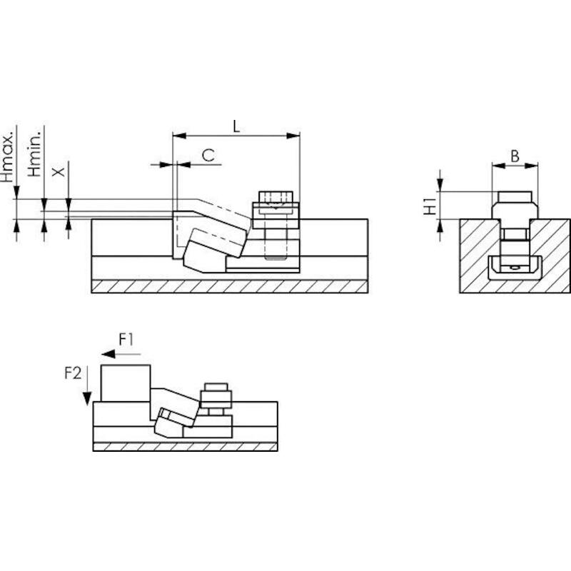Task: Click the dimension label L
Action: click(x=236, y=126)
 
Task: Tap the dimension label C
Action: click(x=208, y=156)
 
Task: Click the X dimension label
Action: click(x=59, y=172)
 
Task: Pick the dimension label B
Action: click(x=515, y=156)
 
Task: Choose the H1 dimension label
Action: click(x=430, y=206)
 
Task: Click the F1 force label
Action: click(x=126, y=340)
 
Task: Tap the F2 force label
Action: click(x=73, y=373)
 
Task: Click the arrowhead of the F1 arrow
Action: click(x=108, y=354)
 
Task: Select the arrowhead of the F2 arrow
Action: click(x=86, y=398)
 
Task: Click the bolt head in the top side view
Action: click(x=276, y=196)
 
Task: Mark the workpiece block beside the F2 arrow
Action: click(x=126, y=383)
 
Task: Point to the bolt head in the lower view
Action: click(x=216, y=387)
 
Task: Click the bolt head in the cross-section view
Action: click(x=515, y=197)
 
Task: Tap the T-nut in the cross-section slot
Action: click(x=515, y=268)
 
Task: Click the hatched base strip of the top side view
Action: click(x=229, y=286)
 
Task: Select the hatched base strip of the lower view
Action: click(x=186, y=447)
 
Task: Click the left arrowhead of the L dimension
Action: click(x=179, y=136)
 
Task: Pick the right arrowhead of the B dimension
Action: click(x=531, y=166)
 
